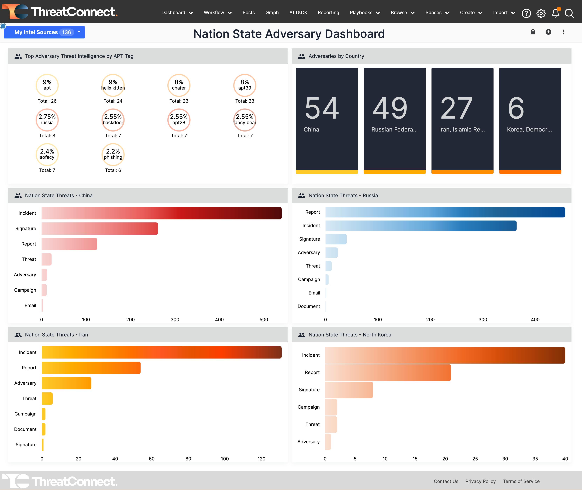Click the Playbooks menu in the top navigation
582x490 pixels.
click(x=364, y=12)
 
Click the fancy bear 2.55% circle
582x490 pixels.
click(x=244, y=120)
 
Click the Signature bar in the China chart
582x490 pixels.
click(x=100, y=229)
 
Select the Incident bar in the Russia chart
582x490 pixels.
click(x=421, y=226)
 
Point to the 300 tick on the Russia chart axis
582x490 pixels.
click(x=483, y=319)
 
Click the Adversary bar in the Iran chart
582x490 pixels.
click(x=67, y=383)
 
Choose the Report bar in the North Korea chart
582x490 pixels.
click(x=388, y=372)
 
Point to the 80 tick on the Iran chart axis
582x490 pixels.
click(x=188, y=459)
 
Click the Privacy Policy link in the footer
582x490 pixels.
click(x=480, y=481)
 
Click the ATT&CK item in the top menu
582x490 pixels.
click(x=298, y=12)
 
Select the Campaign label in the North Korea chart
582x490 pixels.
click(x=309, y=407)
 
